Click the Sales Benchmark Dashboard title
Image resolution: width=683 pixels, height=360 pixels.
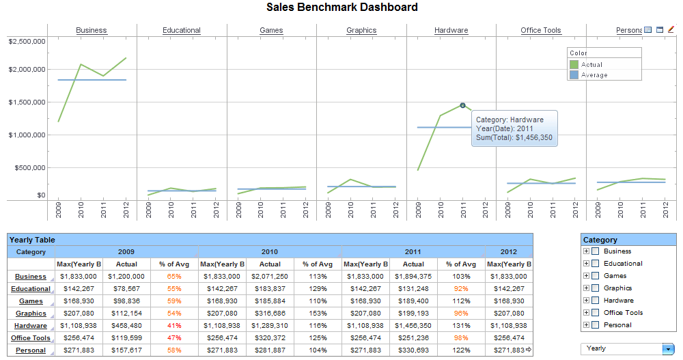(341, 8)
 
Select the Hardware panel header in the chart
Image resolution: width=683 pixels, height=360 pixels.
(451, 30)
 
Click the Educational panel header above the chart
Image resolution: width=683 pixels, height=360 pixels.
(182, 30)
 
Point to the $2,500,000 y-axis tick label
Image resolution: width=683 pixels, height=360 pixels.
(27, 42)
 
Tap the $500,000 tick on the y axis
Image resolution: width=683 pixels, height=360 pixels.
(29, 168)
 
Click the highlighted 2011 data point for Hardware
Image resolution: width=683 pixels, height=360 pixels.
(462, 105)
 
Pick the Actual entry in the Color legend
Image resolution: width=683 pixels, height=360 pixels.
(591, 65)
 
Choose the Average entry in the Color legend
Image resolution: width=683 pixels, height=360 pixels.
(594, 75)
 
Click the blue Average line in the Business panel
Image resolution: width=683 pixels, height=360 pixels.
(92, 80)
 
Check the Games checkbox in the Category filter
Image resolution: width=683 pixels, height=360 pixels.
(595, 276)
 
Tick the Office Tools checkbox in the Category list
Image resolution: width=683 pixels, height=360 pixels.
(595, 313)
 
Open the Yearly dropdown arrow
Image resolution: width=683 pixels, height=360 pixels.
(667, 348)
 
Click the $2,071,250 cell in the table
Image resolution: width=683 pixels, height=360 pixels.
(270, 277)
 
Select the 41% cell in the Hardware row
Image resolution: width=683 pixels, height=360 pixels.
(173, 326)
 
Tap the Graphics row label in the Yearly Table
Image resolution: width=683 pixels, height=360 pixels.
(31, 314)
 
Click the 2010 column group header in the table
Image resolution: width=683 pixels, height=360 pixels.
(270, 252)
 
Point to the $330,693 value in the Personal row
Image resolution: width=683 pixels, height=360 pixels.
(413, 350)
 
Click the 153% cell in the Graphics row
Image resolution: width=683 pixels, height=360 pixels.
(318, 314)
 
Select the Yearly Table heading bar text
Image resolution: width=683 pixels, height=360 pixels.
(32, 240)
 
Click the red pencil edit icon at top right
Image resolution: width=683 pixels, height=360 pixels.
(671, 29)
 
